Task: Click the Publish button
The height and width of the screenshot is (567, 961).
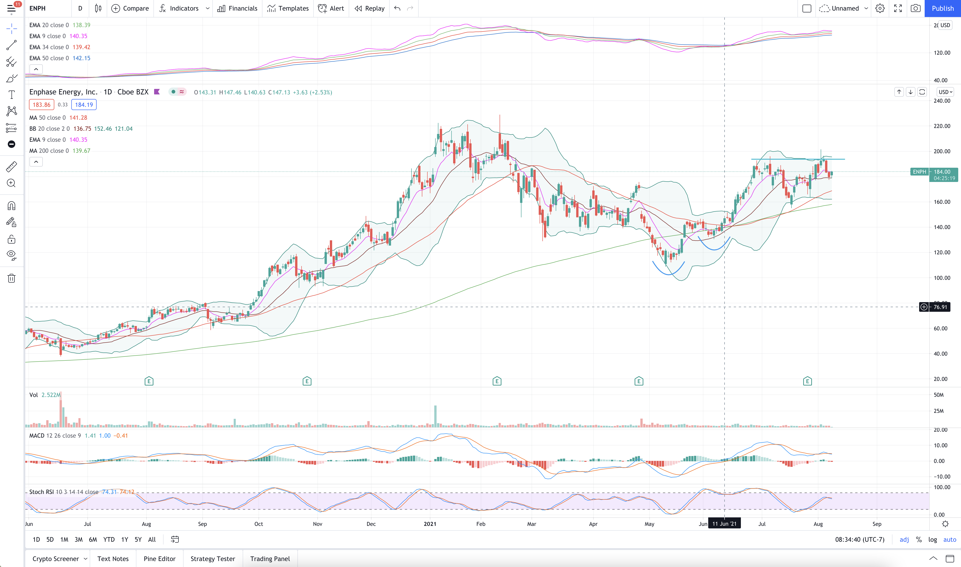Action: (942, 9)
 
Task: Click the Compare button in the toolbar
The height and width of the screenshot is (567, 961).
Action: (130, 9)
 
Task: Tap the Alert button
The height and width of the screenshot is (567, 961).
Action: (331, 9)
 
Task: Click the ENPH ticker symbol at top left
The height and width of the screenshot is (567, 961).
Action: (37, 9)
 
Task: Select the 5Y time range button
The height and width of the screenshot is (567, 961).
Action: (138, 539)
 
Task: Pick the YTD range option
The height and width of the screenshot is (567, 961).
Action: (109, 539)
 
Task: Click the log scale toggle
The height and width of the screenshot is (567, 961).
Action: (933, 539)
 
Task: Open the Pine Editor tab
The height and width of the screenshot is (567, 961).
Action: (159, 558)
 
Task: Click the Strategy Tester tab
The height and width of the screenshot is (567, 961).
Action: (213, 558)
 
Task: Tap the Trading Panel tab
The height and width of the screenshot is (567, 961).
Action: (270, 558)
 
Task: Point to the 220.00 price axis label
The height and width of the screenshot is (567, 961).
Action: (942, 126)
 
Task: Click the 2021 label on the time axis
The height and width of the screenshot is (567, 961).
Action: (430, 524)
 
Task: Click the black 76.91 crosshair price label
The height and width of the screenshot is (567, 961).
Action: (940, 307)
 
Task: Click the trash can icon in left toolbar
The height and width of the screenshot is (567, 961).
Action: (12, 278)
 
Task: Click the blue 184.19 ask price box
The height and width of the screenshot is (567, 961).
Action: (84, 105)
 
